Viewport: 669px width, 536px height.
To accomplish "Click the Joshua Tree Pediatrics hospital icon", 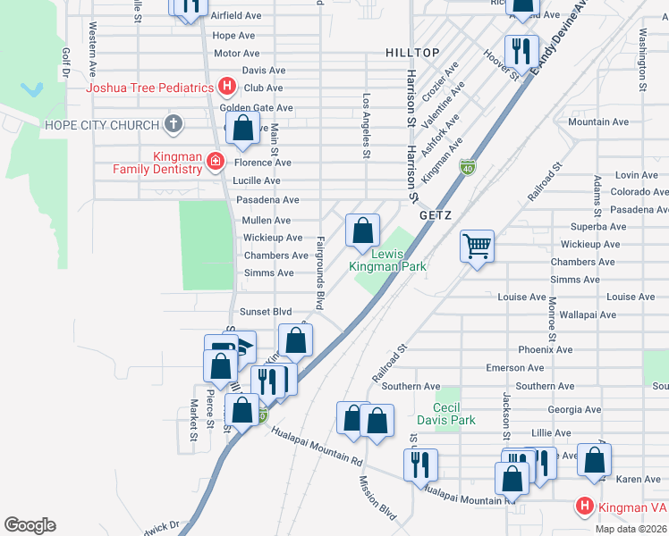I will (x=227, y=88).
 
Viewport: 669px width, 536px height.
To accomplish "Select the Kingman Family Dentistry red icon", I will (x=215, y=162).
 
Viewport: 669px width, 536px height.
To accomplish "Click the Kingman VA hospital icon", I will (x=585, y=507).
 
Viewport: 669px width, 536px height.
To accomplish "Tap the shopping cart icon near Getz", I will (x=477, y=245).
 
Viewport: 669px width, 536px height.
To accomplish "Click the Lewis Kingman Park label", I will (x=386, y=260).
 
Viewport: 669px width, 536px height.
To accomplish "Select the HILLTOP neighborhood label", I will (x=412, y=54).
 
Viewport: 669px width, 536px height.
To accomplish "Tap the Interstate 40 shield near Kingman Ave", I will (x=467, y=167).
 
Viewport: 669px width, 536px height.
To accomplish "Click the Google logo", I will (x=30, y=525).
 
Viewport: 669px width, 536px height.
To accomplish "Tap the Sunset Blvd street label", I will (x=266, y=312).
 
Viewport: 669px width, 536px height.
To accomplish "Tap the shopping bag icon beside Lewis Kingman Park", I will (x=362, y=230).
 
